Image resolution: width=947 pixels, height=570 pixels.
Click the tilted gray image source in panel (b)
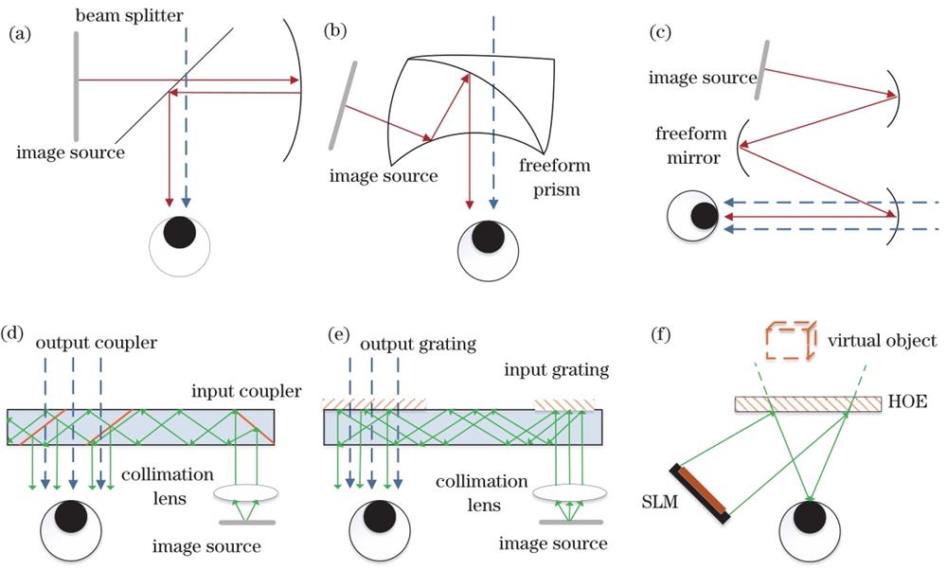pyautogui.click(x=343, y=105)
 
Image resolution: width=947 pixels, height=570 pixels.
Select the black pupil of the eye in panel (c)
pyautogui.click(x=703, y=216)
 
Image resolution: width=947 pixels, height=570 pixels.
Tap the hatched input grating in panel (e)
pyautogui.click(x=566, y=405)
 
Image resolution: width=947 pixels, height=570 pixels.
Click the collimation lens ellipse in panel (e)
pyautogui.click(x=569, y=493)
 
